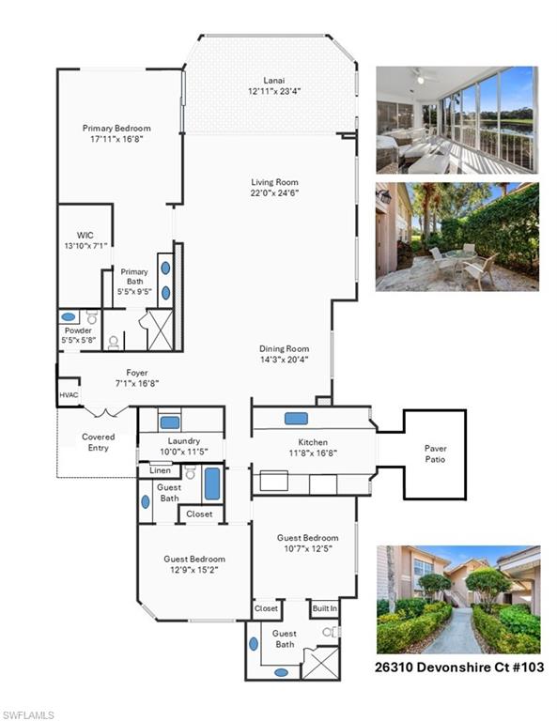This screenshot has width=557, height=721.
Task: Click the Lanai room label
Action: [x=273, y=80]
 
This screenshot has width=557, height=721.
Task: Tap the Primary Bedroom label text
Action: [x=116, y=129]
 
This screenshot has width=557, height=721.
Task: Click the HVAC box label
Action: [x=69, y=395]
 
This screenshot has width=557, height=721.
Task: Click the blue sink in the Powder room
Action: [x=69, y=317]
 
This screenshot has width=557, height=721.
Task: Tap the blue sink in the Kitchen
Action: [x=296, y=418]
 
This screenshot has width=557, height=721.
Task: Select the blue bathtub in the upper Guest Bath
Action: [x=212, y=483]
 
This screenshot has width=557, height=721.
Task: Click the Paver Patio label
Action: [x=435, y=453]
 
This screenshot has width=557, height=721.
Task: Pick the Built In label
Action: [x=325, y=608]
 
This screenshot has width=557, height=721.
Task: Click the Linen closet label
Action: [x=160, y=470]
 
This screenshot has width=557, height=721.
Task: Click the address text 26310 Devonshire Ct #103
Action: [x=459, y=667]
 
